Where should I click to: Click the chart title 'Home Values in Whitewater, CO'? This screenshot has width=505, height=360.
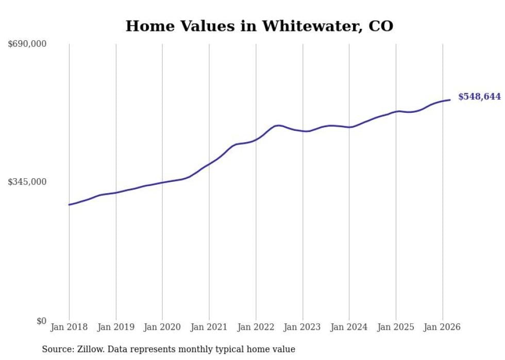click(259, 26)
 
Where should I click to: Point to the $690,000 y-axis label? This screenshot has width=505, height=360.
click(27, 44)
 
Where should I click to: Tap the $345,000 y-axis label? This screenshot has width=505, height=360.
click(27, 182)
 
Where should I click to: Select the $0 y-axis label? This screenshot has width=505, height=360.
click(41, 321)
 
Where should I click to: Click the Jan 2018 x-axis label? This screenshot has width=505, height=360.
click(69, 327)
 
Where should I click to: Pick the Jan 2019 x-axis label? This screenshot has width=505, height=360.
click(115, 327)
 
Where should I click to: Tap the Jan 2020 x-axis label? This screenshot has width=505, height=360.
click(162, 327)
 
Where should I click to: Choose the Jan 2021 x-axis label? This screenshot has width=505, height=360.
click(209, 327)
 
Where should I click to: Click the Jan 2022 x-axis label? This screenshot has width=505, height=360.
click(256, 327)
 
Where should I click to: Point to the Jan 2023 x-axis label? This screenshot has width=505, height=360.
click(302, 327)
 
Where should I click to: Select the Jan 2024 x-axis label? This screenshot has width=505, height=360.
click(349, 327)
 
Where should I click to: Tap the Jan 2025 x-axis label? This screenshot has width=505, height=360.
click(396, 327)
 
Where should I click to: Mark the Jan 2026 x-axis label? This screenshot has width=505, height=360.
click(442, 327)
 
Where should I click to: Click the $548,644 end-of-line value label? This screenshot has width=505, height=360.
click(479, 97)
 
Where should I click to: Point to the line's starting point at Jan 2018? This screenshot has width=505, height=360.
click(69, 205)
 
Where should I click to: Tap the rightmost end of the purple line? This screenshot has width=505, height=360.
click(450, 100)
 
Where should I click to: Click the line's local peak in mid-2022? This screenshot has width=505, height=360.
click(278, 125)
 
